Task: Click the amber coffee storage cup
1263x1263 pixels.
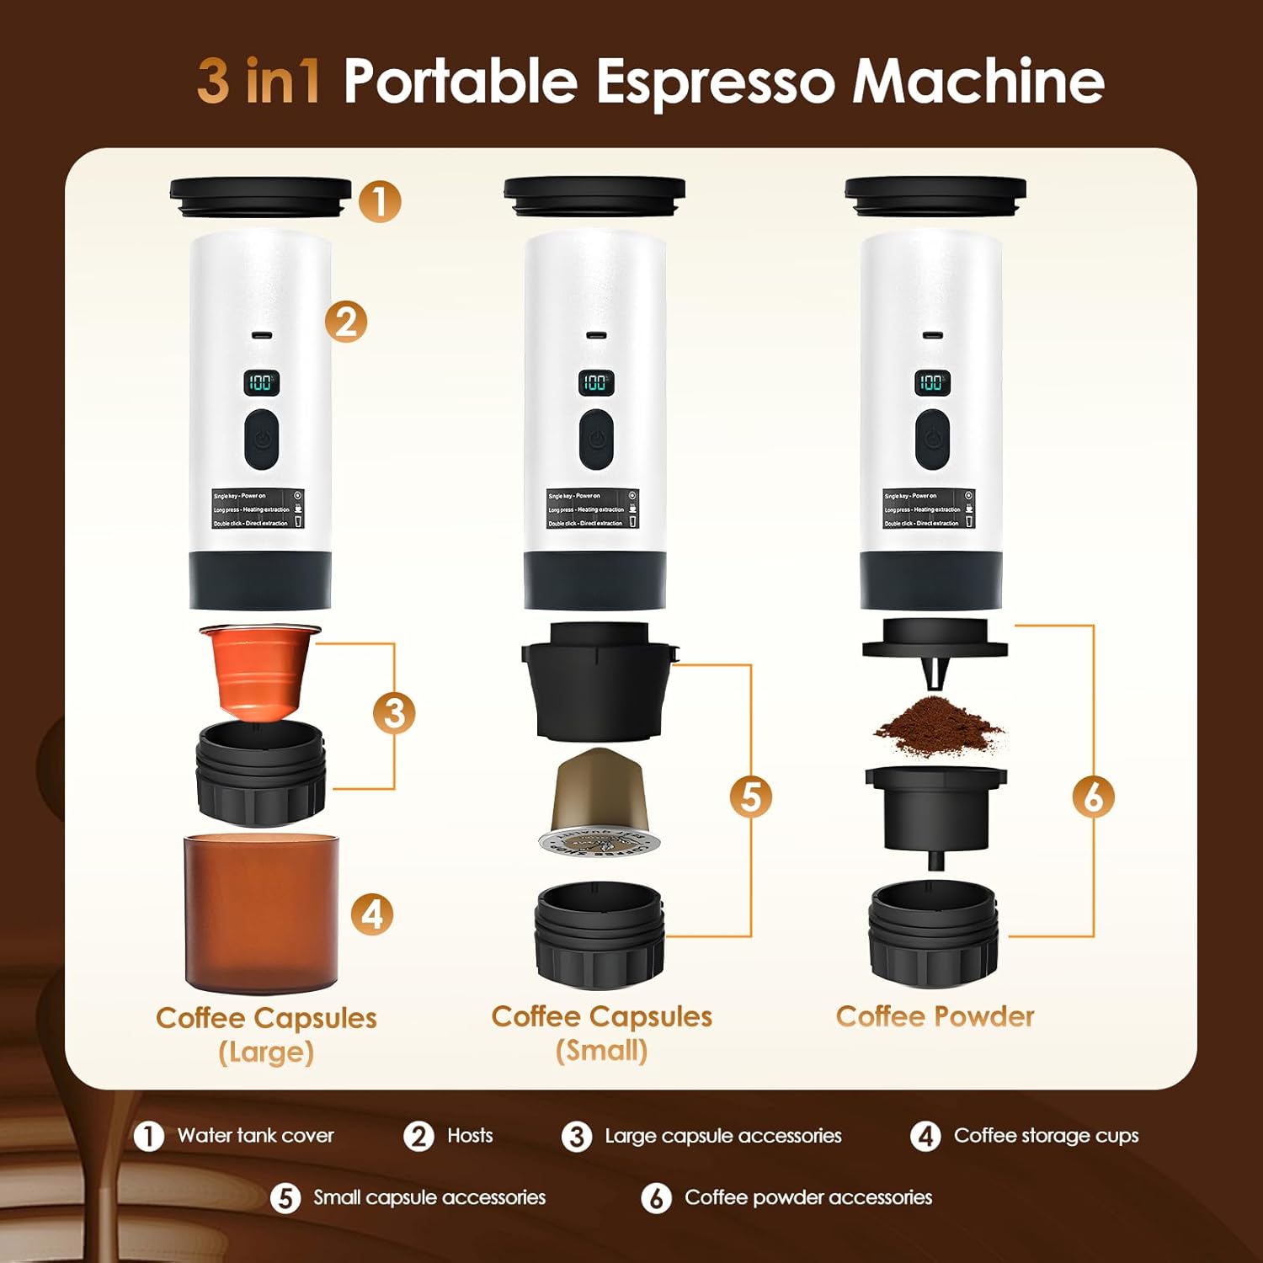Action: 262,912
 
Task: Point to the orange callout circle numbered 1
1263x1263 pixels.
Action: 380,202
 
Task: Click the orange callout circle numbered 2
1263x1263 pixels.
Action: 347,322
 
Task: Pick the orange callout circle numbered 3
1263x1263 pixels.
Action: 394,713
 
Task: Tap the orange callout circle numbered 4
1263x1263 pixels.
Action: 372,914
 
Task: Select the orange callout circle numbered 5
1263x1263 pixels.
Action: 750,797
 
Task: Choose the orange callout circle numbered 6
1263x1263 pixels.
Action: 1093,797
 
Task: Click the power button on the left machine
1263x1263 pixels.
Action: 262,440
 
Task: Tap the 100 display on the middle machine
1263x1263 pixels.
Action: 596,382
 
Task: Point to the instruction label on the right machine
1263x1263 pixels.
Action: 930,509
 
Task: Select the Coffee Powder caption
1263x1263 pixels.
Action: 935,1016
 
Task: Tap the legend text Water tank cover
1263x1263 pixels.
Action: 255,1136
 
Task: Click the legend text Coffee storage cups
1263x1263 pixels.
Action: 1046,1136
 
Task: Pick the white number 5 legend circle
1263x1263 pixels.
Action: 285,1198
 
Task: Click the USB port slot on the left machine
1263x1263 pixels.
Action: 261,335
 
